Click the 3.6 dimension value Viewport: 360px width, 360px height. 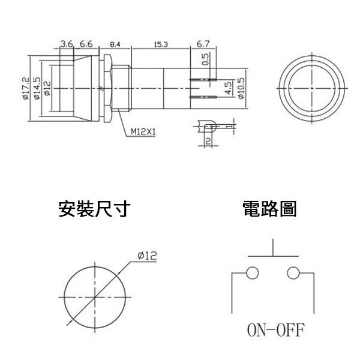coord(67,44)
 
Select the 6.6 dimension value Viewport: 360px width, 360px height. coord(86,44)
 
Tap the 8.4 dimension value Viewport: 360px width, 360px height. coord(115,44)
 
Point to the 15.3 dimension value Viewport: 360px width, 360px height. coord(161,44)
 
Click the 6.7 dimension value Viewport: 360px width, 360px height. coord(203,44)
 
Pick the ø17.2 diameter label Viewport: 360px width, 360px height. coord(26,88)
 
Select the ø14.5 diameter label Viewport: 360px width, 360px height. coord(37,88)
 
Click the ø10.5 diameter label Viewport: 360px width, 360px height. coord(241,88)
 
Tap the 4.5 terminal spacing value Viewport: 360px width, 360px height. coord(228,88)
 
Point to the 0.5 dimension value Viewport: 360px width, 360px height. coord(206,59)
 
